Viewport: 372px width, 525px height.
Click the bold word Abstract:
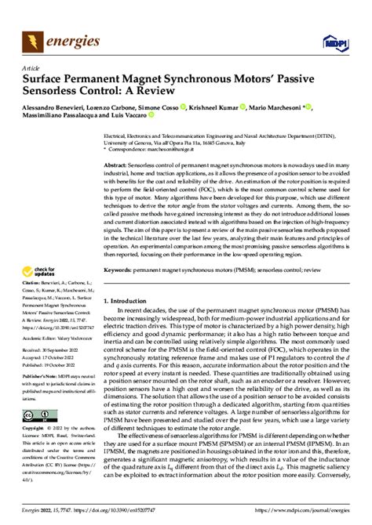click(119, 167)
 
